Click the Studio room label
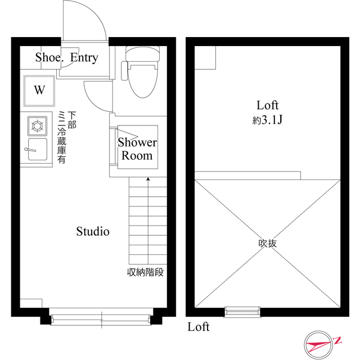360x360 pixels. [x=93, y=231]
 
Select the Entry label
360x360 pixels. [x=84, y=57]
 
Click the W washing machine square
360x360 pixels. [x=39, y=89]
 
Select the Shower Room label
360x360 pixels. [x=137, y=148]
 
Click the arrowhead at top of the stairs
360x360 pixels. [x=148, y=179]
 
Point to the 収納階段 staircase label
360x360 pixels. [x=145, y=273]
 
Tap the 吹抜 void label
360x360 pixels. [x=267, y=244]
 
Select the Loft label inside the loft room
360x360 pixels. [x=268, y=105]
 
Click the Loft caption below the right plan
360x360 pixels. [x=199, y=327]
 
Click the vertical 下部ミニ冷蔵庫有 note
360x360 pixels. [x=66, y=138]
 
